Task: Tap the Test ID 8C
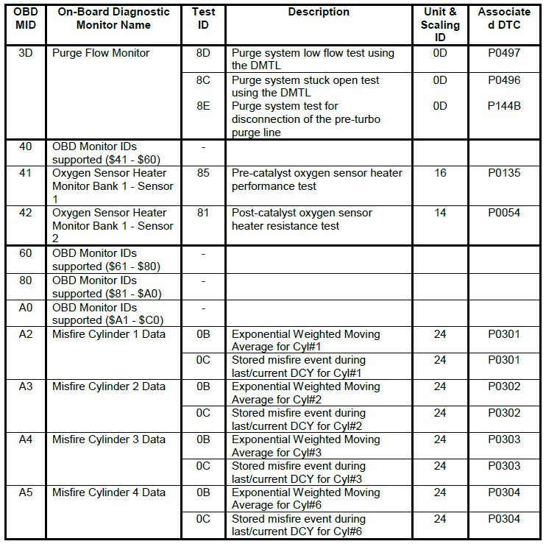(x=203, y=80)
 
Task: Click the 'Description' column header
(x=319, y=13)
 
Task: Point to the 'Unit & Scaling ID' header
(x=440, y=25)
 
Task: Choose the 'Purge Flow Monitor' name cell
(x=101, y=53)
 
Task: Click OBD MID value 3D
(x=26, y=53)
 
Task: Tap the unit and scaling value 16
(x=440, y=173)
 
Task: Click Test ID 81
(x=203, y=213)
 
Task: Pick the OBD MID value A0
(x=26, y=307)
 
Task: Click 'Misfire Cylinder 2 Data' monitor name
(x=109, y=386)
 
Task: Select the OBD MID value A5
(x=26, y=492)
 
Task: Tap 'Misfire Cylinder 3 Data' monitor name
(x=109, y=439)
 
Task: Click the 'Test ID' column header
(x=203, y=18)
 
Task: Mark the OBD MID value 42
(x=26, y=213)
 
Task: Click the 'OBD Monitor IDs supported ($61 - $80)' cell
(x=107, y=260)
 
